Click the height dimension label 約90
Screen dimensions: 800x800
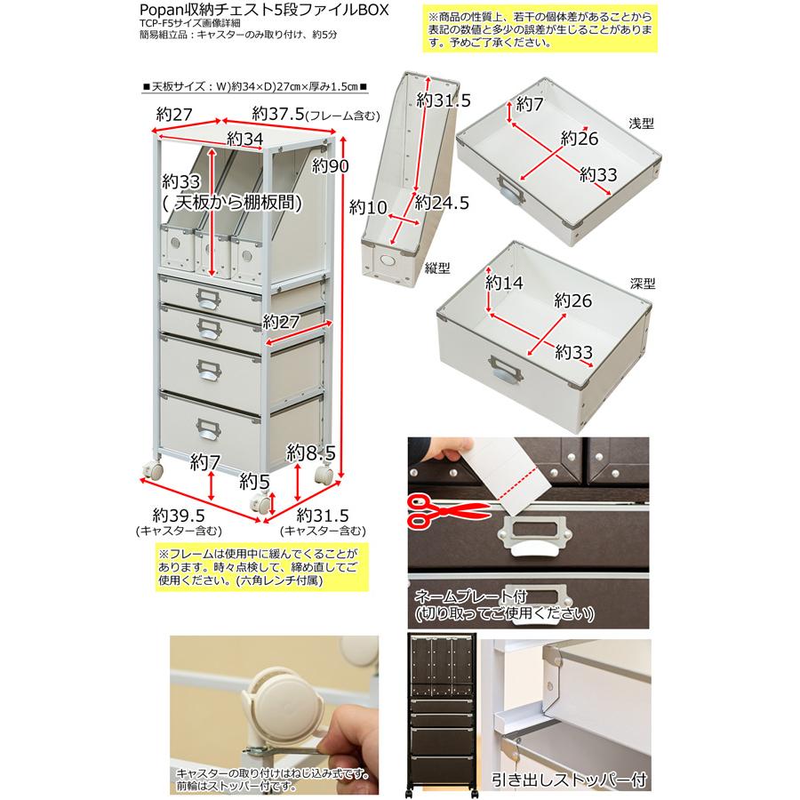click(x=331, y=166)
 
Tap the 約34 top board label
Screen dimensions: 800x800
click(x=244, y=139)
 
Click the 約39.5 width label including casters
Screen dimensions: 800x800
click(x=179, y=516)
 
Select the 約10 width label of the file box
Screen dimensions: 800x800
click(x=368, y=208)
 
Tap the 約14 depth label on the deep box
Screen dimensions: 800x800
click(x=504, y=284)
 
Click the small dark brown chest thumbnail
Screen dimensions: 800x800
click(x=442, y=711)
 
